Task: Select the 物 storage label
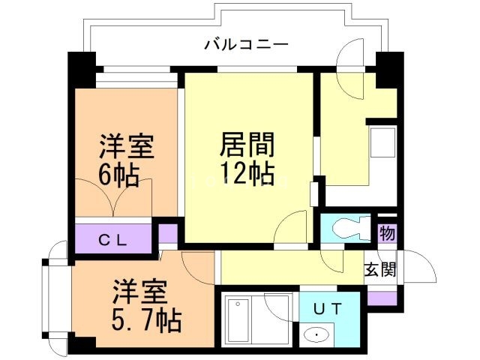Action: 387,233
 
